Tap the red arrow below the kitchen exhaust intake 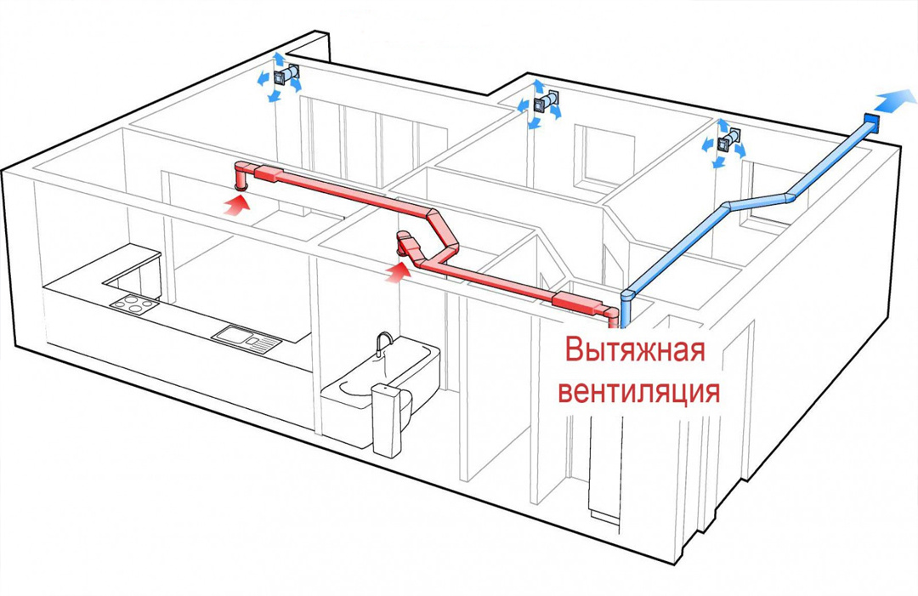pyautogui.click(x=239, y=202)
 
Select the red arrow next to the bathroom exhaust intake pyautogui.click(x=398, y=270)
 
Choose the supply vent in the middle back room pyautogui.click(x=541, y=105)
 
